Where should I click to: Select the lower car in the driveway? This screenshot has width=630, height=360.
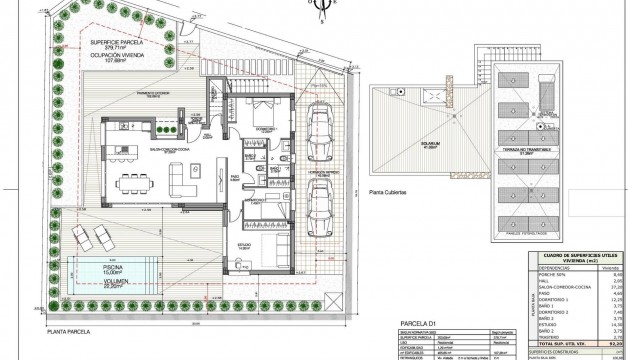(322, 204)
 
